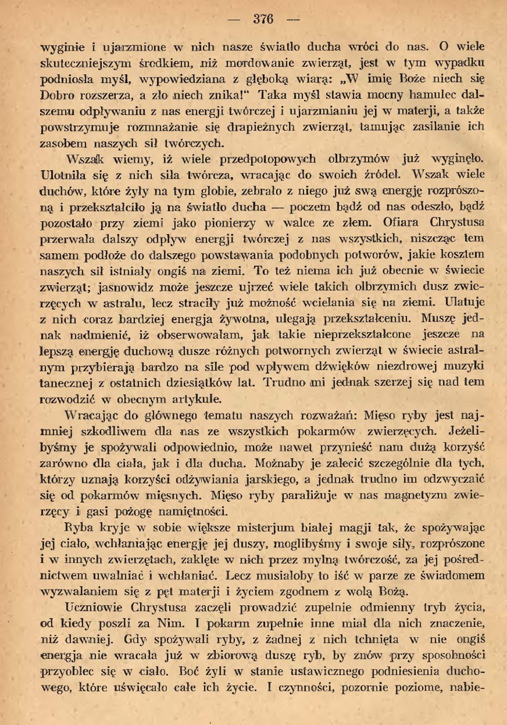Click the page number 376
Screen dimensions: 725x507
click(262, 19)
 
